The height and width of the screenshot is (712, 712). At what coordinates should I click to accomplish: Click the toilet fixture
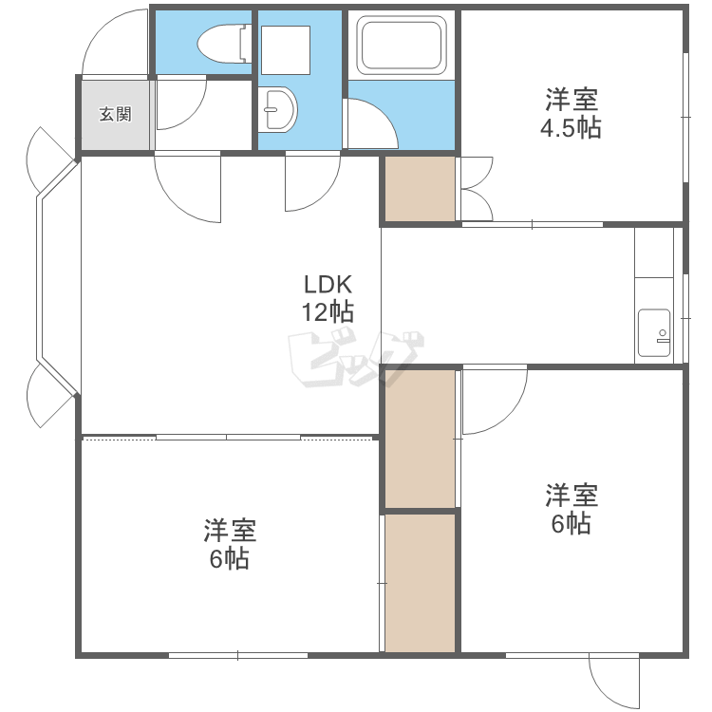click(x=224, y=44)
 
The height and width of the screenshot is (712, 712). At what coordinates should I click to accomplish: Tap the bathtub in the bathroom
click(x=402, y=45)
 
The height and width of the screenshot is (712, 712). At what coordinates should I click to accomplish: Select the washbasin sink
click(x=277, y=110)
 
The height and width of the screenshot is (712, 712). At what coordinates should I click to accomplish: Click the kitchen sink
click(x=654, y=333)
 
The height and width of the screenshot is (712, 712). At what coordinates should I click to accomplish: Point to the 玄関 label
click(x=115, y=114)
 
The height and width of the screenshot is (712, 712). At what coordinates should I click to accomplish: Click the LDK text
click(x=328, y=285)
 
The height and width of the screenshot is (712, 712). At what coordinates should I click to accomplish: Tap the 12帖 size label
click(x=328, y=312)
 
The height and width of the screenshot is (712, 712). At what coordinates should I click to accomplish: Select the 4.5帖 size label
click(x=571, y=128)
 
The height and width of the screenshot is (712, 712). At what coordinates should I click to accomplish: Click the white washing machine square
click(x=286, y=50)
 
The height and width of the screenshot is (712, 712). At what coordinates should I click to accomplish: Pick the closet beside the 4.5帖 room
click(x=420, y=189)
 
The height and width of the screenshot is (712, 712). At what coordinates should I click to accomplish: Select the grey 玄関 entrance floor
click(x=115, y=115)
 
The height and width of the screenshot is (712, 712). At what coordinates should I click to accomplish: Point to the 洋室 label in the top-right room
click(x=571, y=100)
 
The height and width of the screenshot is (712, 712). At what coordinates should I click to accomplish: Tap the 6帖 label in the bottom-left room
click(x=230, y=558)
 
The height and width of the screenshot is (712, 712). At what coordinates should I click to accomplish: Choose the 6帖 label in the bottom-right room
click(x=571, y=523)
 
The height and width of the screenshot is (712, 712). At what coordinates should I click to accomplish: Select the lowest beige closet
click(x=420, y=583)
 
